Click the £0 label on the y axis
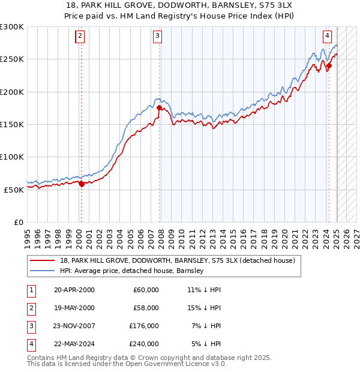pyautogui.click(x=18, y=222)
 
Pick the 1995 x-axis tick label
pyautogui.click(x=28, y=237)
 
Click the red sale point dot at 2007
pyautogui.click(x=160, y=108)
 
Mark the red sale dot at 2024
pyautogui.click(x=329, y=66)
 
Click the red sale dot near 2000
pyautogui.click(x=82, y=184)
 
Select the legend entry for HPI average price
pyautogui.click(x=132, y=271)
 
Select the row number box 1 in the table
pyautogui.click(x=31, y=290)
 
